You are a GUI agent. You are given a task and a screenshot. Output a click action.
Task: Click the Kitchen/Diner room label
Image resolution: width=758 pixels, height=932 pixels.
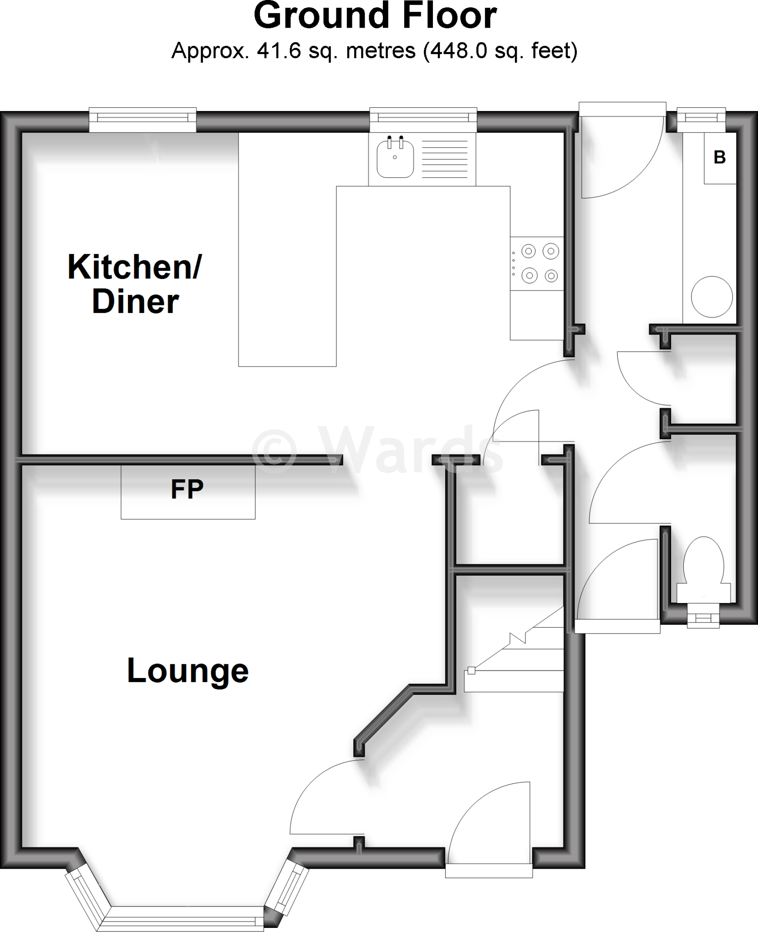click(135, 284)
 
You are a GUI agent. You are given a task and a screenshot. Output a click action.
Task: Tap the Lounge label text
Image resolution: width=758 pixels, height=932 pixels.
click(188, 671)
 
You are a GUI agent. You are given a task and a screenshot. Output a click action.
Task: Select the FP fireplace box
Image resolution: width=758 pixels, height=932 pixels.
click(188, 492)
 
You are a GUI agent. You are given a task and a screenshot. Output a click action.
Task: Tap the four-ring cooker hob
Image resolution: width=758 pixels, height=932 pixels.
click(537, 263)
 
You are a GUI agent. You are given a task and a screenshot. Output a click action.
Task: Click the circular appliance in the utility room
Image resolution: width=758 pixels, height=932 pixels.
click(712, 297)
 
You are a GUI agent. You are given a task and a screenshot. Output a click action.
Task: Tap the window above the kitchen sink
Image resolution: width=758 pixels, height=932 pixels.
click(423, 117)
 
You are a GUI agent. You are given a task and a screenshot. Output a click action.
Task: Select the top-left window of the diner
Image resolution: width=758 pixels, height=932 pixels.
click(142, 117)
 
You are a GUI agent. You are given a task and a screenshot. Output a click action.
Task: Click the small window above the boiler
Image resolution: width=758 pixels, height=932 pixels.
click(701, 117)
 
